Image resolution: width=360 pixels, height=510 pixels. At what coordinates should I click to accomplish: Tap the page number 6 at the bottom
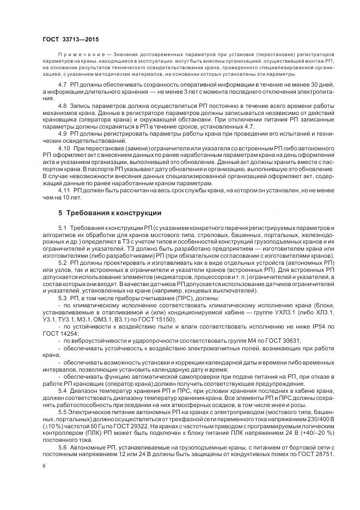coord(44,466)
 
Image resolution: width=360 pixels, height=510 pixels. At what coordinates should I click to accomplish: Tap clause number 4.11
coord(64,191)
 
